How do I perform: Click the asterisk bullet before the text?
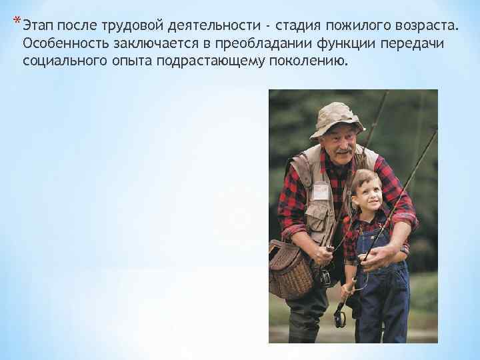tap(16, 24)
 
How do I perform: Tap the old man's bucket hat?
tap(337, 119)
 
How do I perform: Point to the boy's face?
tap(365, 191)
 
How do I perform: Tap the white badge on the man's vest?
tap(321, 192)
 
